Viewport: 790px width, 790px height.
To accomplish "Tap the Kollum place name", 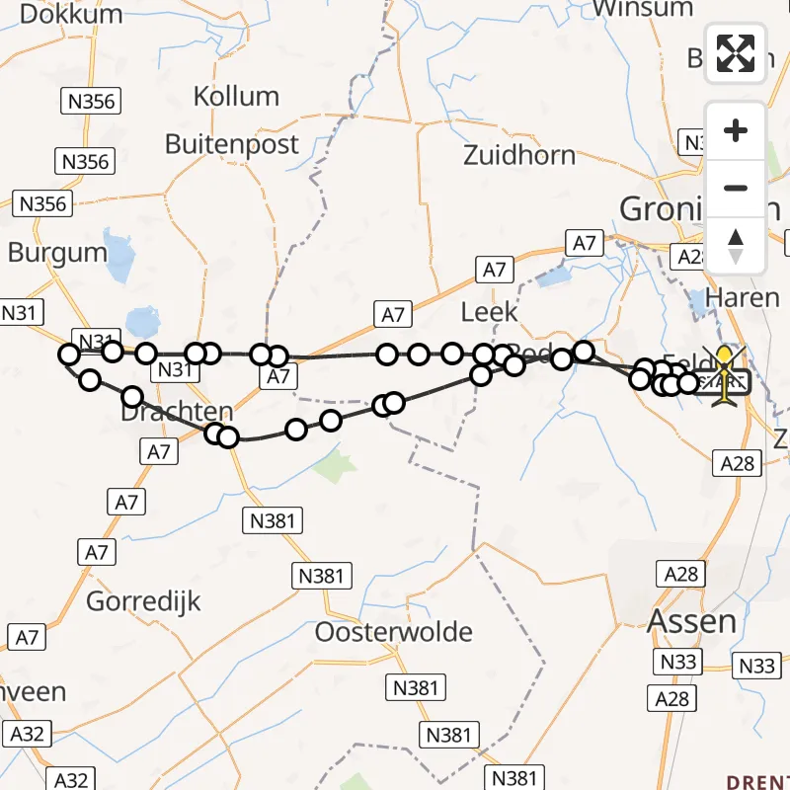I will (x=236, y=97).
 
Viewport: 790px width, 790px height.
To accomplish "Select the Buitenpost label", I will (x=232, y=144).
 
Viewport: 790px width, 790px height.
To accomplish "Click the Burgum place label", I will (x=57, y=253).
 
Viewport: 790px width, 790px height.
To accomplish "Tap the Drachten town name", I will (x=177, y=413).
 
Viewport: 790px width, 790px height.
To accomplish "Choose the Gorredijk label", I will (x=144, y=600).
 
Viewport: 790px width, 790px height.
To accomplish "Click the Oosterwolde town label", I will (x=394, y=632).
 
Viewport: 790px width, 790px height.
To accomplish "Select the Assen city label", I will (x=691, y=621).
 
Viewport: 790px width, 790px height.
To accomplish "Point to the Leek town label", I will (x=490, y=313).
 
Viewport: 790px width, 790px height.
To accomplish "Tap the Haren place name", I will (x=744, y=297).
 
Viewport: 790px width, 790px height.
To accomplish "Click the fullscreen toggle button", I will (x=735, y=53).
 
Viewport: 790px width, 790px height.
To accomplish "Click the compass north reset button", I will (x=735, y=246).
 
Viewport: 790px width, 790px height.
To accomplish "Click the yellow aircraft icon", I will (x=726, y=375).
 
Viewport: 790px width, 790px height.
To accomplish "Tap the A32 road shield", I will (x=27, y=733).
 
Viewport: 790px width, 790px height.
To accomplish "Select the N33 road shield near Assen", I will (x=679, y=662).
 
